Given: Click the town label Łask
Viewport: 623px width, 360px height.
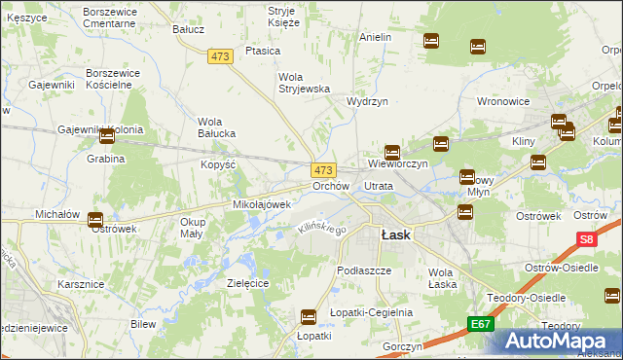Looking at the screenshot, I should [x=395, y=234].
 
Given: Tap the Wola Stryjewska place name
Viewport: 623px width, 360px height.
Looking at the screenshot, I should [x=306, y=83].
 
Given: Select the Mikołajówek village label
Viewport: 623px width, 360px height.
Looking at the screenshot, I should [x=262, y=205].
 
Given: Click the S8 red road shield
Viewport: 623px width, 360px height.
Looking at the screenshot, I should [x=585, y=238].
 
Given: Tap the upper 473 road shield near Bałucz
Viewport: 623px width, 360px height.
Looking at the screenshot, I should [x=220, y=57].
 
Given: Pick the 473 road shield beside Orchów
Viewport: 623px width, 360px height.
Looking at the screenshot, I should [x=324, y=169].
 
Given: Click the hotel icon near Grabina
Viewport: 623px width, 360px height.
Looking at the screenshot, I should [x=107, y=137].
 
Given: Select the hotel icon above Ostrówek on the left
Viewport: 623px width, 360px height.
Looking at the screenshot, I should [x=95, y=220].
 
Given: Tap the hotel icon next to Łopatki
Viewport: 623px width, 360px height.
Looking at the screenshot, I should [x=309, y=316].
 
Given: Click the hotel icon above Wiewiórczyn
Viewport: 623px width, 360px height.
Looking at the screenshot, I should [x=391, y=152].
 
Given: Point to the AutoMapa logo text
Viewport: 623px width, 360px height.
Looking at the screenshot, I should [x=562, y=341].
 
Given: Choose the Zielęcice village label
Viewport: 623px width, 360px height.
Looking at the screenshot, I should [x=247, y=282].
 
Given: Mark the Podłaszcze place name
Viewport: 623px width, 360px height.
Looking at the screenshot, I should [x=363, y=270].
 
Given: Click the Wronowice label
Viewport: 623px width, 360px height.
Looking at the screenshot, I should [x=502, y=100].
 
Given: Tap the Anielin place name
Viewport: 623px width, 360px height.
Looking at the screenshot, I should [x=375, y=37].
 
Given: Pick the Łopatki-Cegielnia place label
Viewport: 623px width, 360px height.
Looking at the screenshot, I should [x=371, y=312].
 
